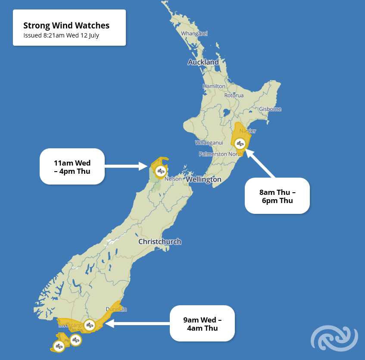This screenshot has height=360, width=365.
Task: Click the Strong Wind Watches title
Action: point(66,25)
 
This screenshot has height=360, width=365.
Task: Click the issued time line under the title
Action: point(61,35)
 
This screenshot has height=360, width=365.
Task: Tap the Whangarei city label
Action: point(194,33)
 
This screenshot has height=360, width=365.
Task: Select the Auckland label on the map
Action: point(203,62)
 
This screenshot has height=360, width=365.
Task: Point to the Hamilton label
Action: point(214,86)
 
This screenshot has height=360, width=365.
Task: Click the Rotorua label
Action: point(234,95)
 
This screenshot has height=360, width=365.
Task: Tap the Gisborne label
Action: point(270,109)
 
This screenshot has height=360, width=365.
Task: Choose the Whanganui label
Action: point(209,143)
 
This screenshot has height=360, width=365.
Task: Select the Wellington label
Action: point(204,179)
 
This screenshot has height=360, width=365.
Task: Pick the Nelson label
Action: point(173,178)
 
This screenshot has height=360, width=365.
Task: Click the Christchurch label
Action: point(159,242)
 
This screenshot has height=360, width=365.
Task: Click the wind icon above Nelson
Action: point(160,171)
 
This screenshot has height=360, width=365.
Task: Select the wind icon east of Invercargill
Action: point(90,325)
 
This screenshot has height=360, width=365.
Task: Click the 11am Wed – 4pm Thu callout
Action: point(72,166)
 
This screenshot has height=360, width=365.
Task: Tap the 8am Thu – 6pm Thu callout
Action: point(277,196)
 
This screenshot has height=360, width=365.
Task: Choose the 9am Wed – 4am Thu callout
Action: point(202,324)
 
